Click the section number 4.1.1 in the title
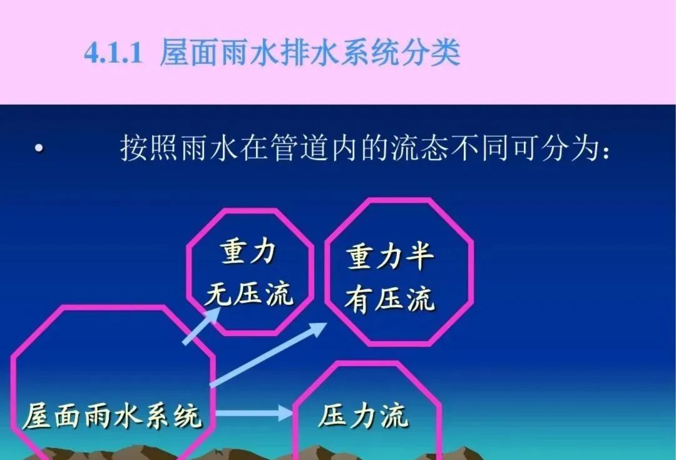115,53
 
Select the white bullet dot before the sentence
39,149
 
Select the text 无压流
249,292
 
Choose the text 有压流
389,299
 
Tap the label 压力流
364,415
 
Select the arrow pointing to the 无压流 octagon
202,325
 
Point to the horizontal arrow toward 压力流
253,412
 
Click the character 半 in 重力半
419,257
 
